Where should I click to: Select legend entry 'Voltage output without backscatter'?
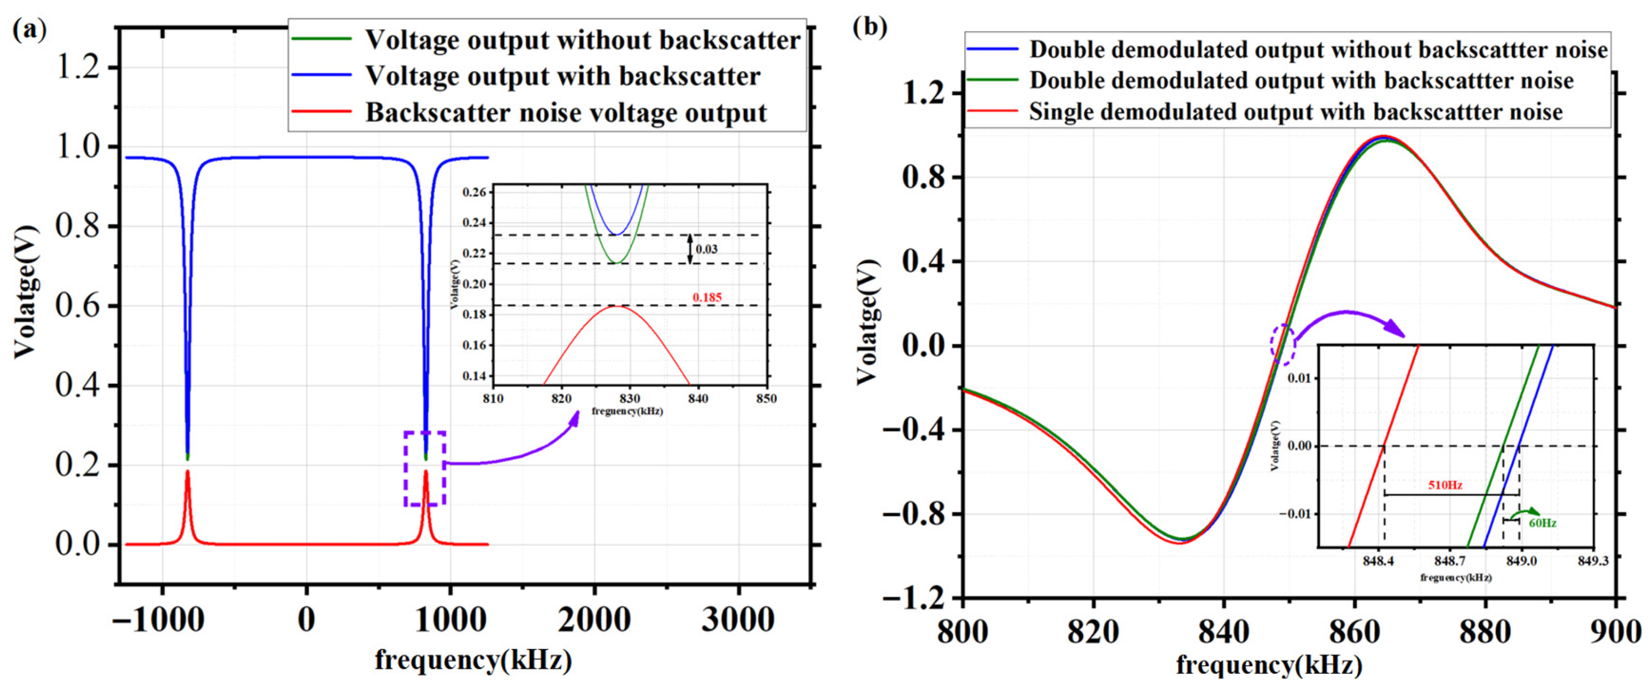tap(582, 40)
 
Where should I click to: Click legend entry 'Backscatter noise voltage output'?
tap(565, 113)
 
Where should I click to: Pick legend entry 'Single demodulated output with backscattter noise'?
tap(1295, 112)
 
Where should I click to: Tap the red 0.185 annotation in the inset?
tap(706, 297)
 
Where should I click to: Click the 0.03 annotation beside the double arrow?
tap(706, 249)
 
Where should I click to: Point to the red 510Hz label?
tap(1445, 485)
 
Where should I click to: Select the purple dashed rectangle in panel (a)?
tap(424, 468)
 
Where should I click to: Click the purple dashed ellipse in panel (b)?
tap(1283, 344)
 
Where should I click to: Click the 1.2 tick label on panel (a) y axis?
tap(78, 67)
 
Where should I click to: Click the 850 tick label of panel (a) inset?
tap(766, 399)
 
